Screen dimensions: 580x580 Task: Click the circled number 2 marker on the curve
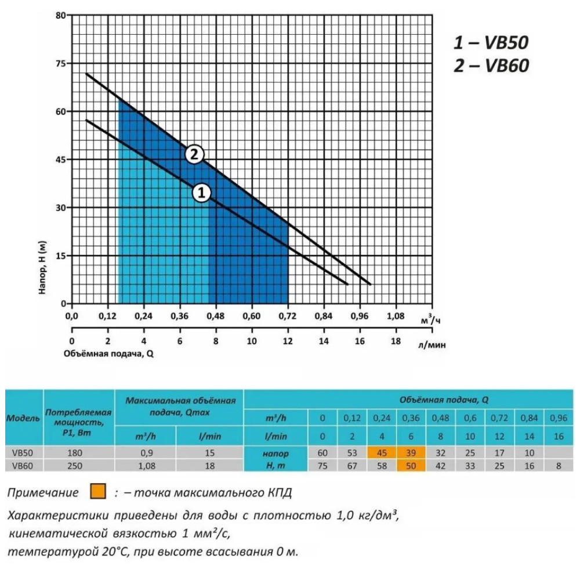[194, 154]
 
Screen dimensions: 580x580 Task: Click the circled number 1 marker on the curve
[202, 193]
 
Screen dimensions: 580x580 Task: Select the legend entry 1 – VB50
[491, 42]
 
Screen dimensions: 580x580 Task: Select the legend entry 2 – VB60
[491, 66]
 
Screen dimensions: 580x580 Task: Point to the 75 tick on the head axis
[61, 63]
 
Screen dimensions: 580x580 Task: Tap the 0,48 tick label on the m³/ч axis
[215, 316]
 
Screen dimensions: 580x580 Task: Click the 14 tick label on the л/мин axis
[324, 341]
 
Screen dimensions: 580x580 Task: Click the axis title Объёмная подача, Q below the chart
[108, 354]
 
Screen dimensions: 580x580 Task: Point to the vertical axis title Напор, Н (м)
[42, 267]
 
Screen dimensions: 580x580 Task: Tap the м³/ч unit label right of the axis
[430, 320]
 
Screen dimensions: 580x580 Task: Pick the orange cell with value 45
[382, 453]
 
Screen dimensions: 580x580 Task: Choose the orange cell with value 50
[411, 465]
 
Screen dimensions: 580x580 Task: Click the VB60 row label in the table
[23, 466]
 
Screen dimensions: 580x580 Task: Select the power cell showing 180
[75, 453]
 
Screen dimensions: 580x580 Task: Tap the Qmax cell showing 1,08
[147, 466]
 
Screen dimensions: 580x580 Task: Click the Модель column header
[23, 419]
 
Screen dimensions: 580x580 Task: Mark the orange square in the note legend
[98, 492]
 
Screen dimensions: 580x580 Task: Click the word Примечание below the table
[43, 492]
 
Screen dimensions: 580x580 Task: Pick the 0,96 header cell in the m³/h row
[559, 418]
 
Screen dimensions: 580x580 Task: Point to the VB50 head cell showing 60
[322, 453]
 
